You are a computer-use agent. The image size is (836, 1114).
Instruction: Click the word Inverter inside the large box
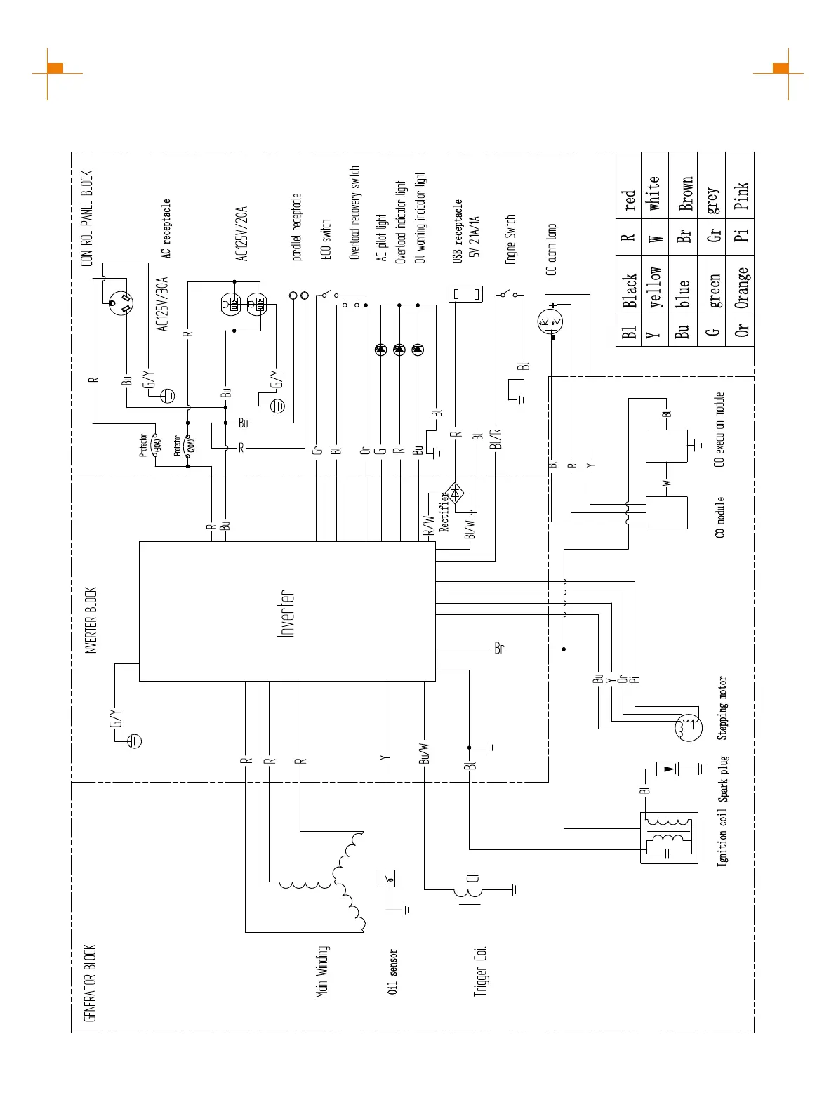pyautogui.click(x=286, y=614)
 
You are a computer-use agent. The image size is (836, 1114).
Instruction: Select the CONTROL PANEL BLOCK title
pyautogui.click(x=87, y=218)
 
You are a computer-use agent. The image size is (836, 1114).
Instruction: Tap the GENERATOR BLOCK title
pyautogui.click(x=89, y=983)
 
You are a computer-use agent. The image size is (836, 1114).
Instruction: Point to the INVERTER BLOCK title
pyautogui.click(x=91, y=621)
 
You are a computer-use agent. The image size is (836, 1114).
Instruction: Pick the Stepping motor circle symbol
pyautogui.click(x=688, y=727)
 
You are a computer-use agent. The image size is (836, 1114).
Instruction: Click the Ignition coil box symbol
pyautogui.click(x=669, y=837)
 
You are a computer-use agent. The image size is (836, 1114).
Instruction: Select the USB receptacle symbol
pyautogui.click(x=466, y=293)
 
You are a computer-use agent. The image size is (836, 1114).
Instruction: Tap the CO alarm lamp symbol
pyautogui.click(x=551, y=322)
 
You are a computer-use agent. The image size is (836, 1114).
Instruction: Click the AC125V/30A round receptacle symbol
pyautogui.click(x=120, y=303)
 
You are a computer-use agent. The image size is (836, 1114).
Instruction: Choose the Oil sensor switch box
pyautogui.click(x=386, y=877)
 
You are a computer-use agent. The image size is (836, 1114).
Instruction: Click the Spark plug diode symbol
pyautogui.click(x=667, y=769)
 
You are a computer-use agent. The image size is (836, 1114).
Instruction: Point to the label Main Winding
pyautogui.click(x=322, y=972)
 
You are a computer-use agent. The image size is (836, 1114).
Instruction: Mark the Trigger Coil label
pyautogui.click(x=480, y=972)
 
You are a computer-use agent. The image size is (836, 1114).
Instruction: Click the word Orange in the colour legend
pyautogui.click(x=741, y=288)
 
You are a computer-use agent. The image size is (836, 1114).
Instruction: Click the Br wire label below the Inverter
pyautogui.click(x=499, y=648)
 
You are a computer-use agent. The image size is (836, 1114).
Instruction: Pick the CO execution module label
pyautogui.click(x=719, y=429)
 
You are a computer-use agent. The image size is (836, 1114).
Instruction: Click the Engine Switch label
pyautogui.click(x=510, y=239)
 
